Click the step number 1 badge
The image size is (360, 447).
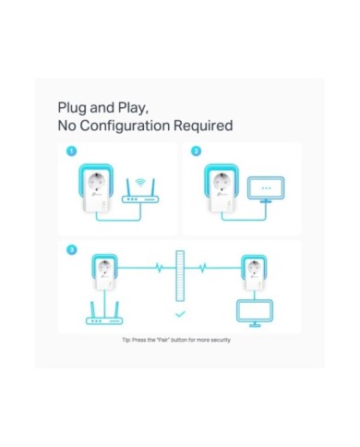71,151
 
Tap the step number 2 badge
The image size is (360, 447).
196,151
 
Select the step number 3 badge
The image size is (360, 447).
72,249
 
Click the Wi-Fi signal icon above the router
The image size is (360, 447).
140,182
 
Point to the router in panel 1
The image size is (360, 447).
140,195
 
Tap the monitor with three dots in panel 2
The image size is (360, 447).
266,189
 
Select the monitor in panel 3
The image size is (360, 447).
255,313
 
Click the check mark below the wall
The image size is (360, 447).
180,314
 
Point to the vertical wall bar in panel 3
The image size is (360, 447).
180,275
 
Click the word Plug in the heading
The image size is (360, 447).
72,108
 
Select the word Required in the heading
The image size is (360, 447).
203,126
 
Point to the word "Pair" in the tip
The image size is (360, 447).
163,340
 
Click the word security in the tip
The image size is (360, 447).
221,340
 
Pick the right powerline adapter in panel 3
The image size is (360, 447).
254,272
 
